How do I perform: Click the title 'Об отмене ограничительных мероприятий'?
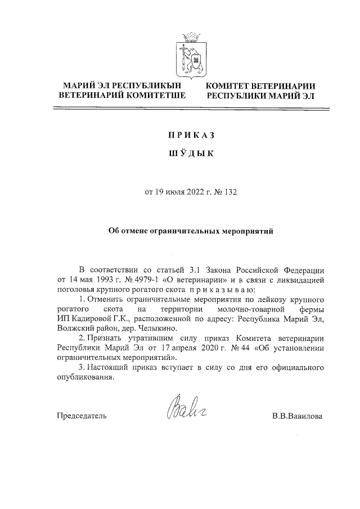[190, 231]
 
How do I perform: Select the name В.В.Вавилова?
[297, 417]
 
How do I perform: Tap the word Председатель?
[82, 417]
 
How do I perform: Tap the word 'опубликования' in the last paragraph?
[85, 377]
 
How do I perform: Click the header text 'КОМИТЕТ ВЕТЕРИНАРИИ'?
[259, 86]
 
